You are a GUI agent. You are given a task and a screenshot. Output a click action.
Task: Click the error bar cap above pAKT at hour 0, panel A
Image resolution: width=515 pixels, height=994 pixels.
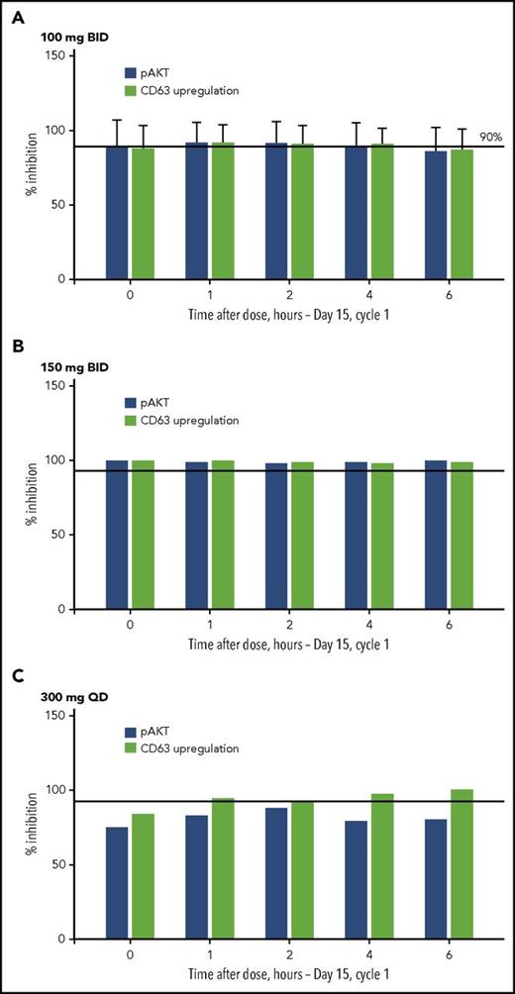coord(117,120)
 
